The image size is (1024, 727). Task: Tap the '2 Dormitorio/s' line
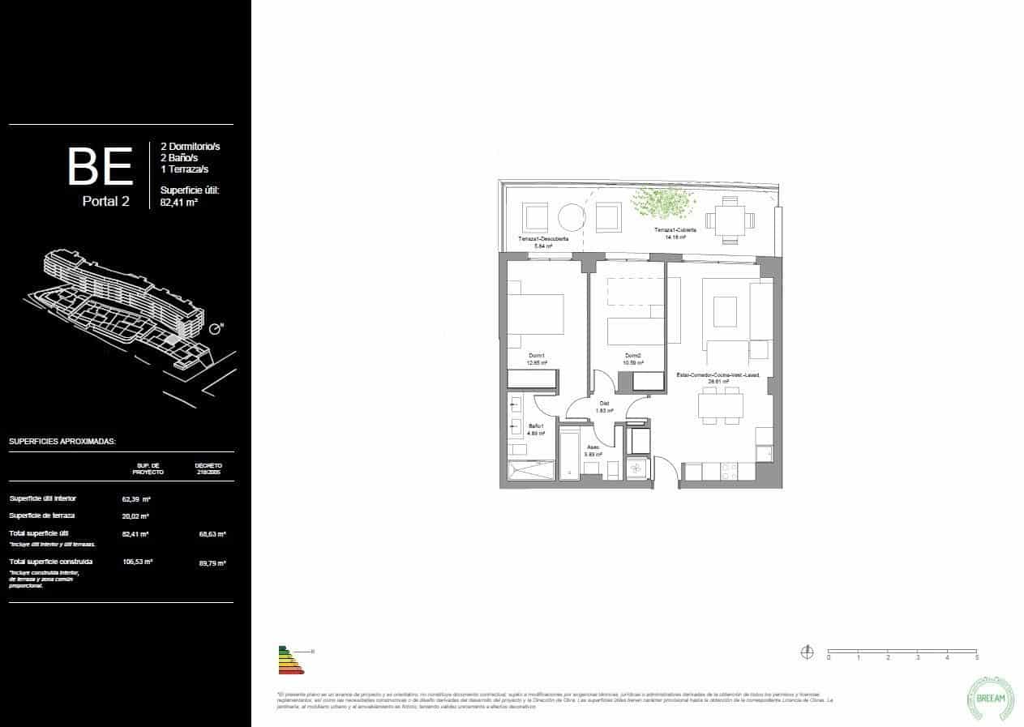pyautogui.click(x=190, y=147)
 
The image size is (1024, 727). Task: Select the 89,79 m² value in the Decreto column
pyautogui.click(x=212, y=562)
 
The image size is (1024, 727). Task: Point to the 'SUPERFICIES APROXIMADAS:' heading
pyautogui.click(x=62, y=442)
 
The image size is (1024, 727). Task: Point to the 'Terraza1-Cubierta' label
pyautogui.click(x=675, y=231)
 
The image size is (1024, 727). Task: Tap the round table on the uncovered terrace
pyautogui.click(x=572, y=216)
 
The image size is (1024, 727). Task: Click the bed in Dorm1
pyautogui.click(x=535, y=314)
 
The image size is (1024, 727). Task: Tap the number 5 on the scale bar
pyautogui.click(x=977, y=658)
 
